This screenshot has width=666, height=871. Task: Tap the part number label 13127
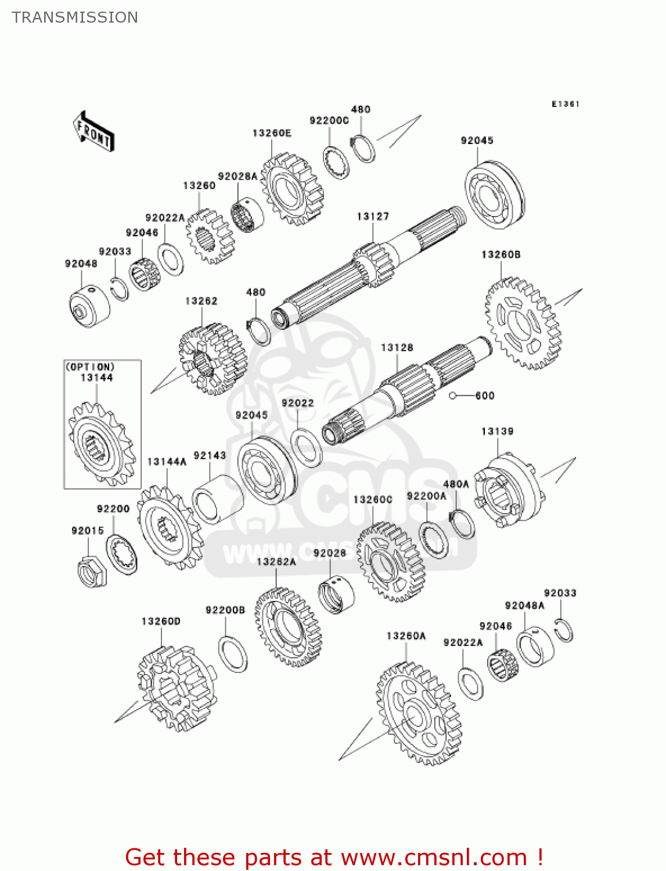373,217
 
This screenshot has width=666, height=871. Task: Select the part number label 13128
397,348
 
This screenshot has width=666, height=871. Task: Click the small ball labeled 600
453,396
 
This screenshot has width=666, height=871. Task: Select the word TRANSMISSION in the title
75,17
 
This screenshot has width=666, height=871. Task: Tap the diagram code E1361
565,104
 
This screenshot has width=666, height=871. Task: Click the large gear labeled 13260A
418,714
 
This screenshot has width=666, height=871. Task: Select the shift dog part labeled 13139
509,491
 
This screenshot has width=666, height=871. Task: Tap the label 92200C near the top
329,121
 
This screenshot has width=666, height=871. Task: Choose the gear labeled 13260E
291,189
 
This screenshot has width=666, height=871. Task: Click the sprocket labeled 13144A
169,528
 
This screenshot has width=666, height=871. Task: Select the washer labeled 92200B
232,654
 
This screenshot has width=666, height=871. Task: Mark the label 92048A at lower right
524,606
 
